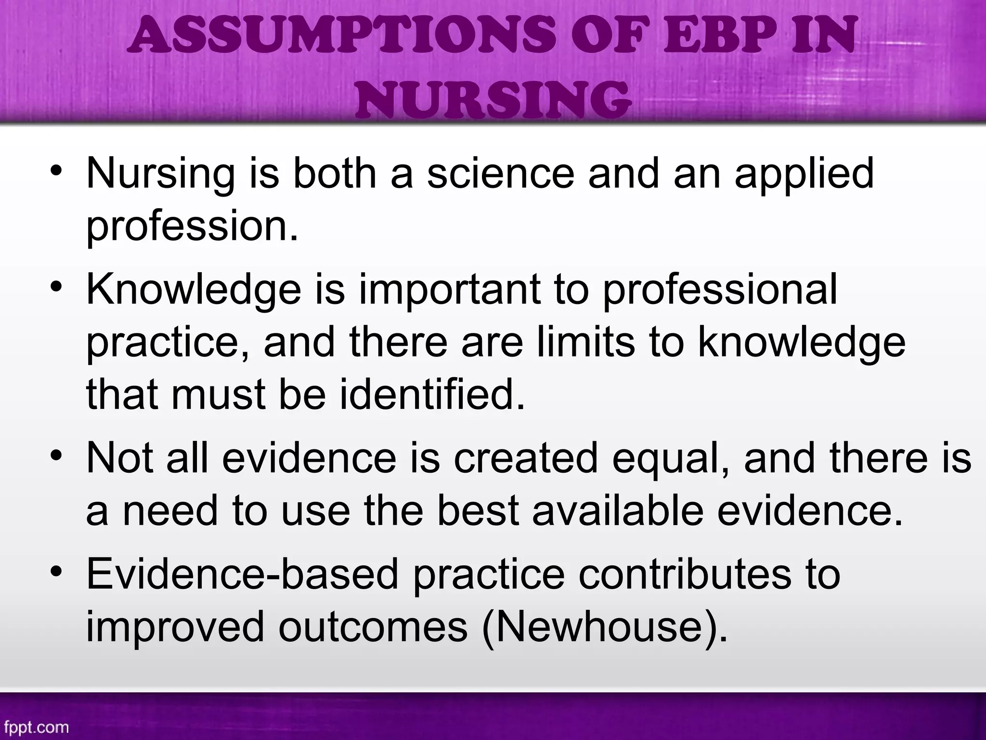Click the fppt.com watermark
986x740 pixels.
[35, 727]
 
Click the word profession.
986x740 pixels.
[192, 226]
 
